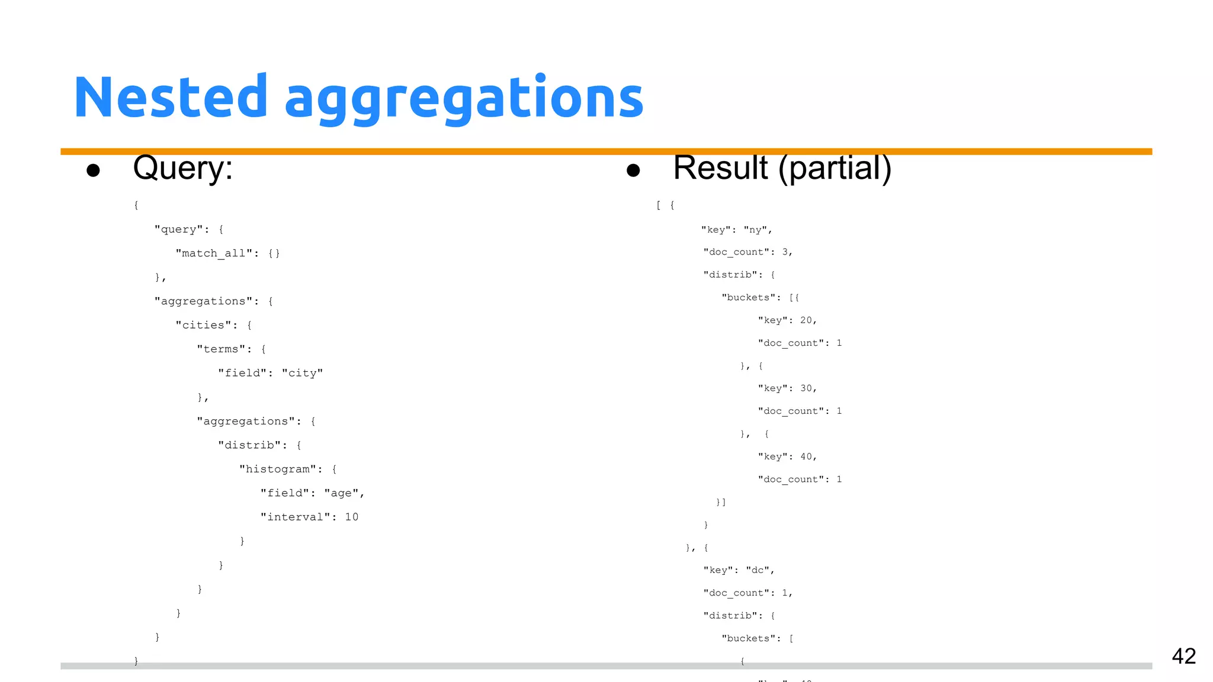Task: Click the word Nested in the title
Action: pos(171,97)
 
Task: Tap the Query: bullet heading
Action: pos(182,168)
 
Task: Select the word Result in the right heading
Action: pos(720,168)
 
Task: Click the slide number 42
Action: pos(1183,656)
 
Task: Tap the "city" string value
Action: pos(302,373)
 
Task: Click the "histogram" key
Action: pos(277,469)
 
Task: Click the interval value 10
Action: pos(351,517)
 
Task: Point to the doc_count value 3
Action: pos(785,252)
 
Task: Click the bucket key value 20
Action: pos(806,320)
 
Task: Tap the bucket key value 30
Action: pos(806,388)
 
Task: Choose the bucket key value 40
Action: pos(806,456)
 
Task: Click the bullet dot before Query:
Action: pos(93,170)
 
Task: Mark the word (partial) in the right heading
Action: pos(835,169)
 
